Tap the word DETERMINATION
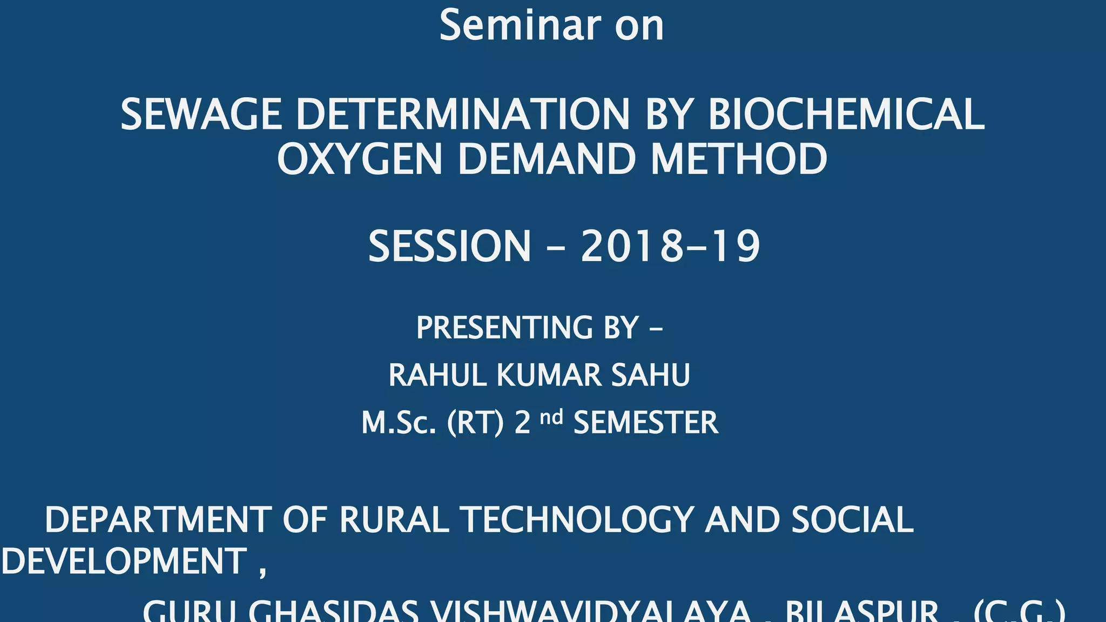point(463,114)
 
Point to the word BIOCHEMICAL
point(846,114)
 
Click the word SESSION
point(449,246)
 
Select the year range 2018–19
point(670,246)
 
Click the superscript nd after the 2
point(551,417)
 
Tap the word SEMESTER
point(646,423)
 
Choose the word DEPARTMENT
point(158,520)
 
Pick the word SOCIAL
point(852,520)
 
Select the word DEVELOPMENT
point(124,561)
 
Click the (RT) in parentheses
point(476,423)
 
